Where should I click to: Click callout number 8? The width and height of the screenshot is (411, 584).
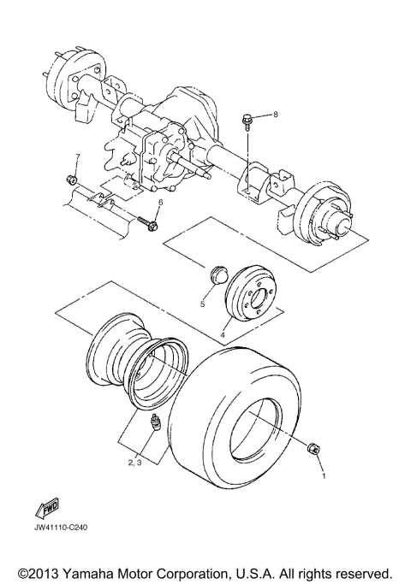pyautogui.click(x=277, y=114)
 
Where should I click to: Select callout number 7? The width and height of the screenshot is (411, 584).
pyautogui.click(x=76, y=156)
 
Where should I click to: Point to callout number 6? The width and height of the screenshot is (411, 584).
pyautogui.click(x=159, y=202)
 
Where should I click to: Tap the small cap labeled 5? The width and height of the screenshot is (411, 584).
pyautogui.click(x=217, y=275)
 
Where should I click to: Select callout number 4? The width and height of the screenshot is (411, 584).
pyautogui.click(x=223, y=335)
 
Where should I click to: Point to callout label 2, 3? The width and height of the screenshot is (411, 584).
pyautogui.click(x=135, y=462)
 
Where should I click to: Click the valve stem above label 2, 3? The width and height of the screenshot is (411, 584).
pyautogui.click(x=155, y=422)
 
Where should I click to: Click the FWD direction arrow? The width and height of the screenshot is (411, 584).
pyautogui.click(x=47, y=508)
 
